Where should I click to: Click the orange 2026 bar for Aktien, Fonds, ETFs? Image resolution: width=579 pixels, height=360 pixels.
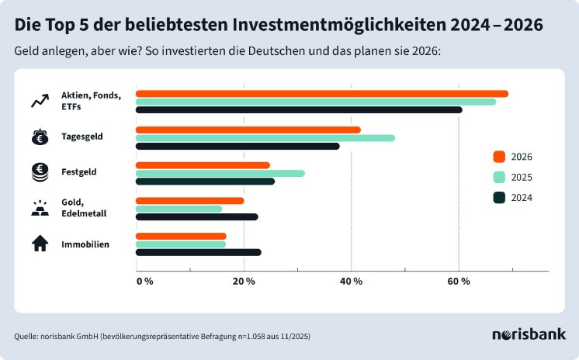321,94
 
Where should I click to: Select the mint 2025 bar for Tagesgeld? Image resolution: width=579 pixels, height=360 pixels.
265,138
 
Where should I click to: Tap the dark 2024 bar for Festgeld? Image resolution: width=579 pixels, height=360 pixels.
205,182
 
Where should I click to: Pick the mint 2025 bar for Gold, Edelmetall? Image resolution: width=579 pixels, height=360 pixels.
179,209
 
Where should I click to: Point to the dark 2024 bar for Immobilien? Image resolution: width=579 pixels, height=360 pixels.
198,252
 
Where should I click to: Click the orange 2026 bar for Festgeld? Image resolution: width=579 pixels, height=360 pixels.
203,165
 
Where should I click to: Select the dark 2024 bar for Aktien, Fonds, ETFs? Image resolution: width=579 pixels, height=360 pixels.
299,109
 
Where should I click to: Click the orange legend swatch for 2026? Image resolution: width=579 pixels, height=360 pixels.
500,156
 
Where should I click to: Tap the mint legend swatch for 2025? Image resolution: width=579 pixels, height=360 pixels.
500,177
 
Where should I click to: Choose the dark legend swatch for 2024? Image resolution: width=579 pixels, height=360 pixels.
500,197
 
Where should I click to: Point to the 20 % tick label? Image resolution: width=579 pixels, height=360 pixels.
244,281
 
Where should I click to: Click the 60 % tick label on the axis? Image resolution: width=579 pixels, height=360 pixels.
459,281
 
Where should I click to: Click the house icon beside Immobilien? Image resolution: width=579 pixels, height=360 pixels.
39,244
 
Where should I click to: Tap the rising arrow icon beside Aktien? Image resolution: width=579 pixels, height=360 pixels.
39,101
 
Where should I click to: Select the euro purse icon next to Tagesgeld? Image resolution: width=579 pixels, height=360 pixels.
39,137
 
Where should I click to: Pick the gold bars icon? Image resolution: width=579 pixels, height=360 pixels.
39,208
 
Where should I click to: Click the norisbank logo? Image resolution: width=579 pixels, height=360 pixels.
529,334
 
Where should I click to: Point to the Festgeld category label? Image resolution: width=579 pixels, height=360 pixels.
79,171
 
